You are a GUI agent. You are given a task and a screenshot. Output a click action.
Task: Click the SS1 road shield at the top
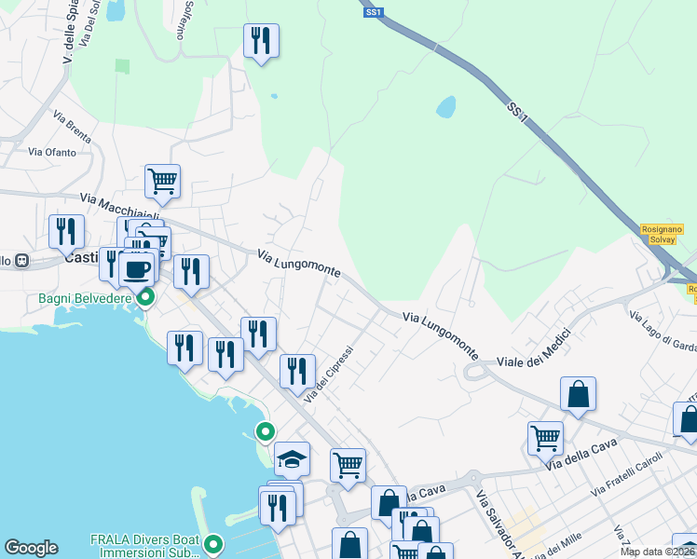tap(374, 12)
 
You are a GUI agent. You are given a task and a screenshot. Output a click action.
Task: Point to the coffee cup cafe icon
tap(136, 268)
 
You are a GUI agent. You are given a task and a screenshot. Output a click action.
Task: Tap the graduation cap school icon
tap(292, 457)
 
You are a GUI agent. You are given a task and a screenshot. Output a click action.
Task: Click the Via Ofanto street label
tap(51, 152)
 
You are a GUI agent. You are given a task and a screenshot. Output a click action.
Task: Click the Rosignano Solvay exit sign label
tap(663, 234)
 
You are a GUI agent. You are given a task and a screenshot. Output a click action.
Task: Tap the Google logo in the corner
tap(31, 548)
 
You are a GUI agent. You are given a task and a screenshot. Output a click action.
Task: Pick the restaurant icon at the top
tap(261, 40)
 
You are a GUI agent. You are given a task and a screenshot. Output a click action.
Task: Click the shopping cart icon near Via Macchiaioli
tap(162, 181)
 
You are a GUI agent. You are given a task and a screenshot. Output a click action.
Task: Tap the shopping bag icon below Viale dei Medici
tap(578, 393)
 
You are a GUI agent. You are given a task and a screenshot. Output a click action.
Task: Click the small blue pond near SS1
tap(445, 106)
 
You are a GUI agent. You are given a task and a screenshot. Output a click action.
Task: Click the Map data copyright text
tap(658, 552)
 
